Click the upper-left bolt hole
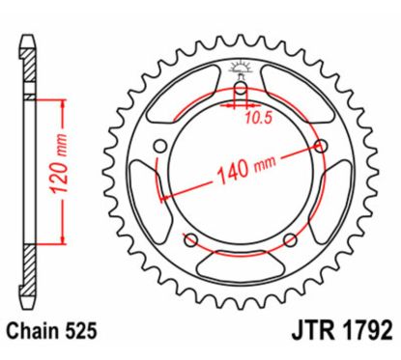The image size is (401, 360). coord(161,147)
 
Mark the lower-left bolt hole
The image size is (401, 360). coord(190,239)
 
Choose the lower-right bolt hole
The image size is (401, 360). coord(291,239)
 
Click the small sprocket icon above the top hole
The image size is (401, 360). coord(242,69)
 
